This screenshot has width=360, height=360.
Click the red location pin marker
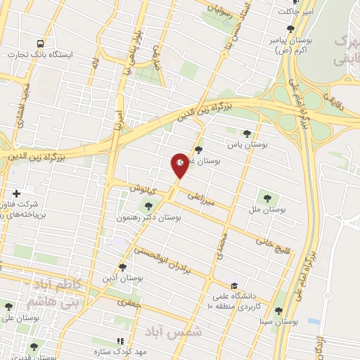pos(180,165)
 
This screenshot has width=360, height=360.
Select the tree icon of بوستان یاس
pos(246,133)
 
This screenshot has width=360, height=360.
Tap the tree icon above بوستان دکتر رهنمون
pos(148,205)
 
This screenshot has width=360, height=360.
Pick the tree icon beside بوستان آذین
pos(123,267)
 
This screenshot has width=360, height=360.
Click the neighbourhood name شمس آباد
pos(173,330)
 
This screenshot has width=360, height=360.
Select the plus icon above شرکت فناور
pos(16,193)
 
